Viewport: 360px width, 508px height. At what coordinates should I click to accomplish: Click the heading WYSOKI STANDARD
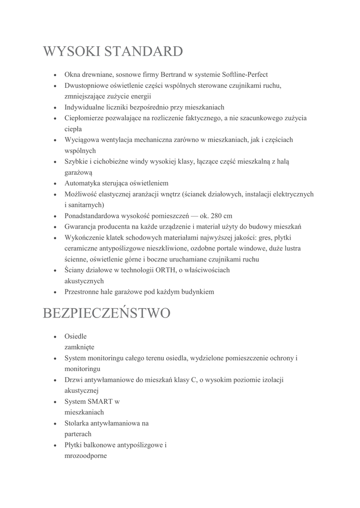pos(113,51)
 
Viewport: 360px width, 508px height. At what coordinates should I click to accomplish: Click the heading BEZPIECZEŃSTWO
pos(107,314)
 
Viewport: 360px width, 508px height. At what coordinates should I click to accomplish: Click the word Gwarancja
pos(82,227)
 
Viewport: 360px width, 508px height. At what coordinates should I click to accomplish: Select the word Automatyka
pos(83,183)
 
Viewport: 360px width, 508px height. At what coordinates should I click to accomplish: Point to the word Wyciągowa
pos(80,140)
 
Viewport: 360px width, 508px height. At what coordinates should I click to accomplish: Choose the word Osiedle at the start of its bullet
pos(75,336)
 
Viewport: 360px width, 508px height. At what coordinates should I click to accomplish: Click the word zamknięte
pos(79,347)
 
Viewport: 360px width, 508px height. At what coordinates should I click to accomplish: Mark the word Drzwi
pos(73,380)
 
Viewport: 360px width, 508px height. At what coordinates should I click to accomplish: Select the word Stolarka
pos(77,423)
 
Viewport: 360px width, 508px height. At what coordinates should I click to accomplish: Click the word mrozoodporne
pos(85,456)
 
